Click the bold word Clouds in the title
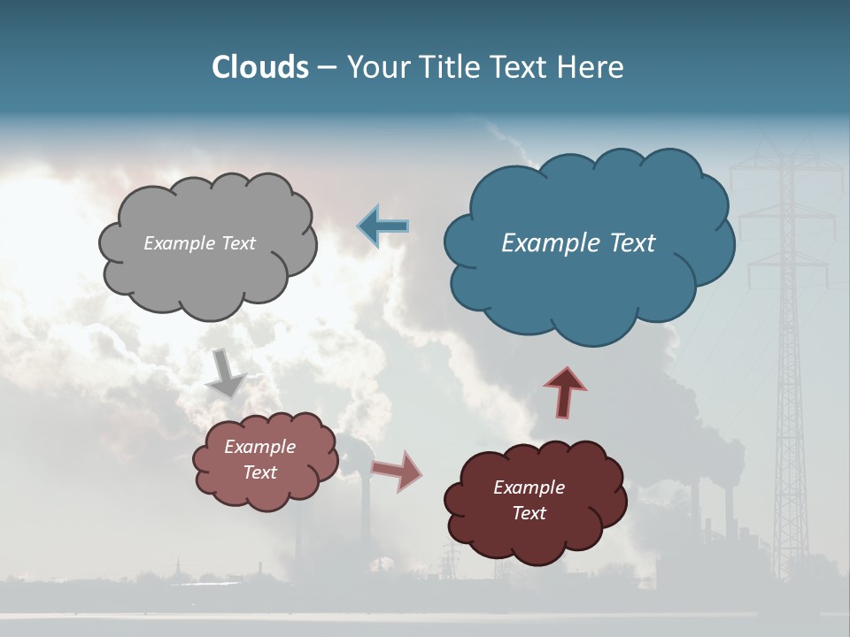(259, 67)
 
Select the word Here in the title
(591, 67)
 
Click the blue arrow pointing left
(384, 226)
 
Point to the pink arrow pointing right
(397, 471)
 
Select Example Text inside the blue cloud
(578, 243)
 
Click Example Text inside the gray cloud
(199, 243)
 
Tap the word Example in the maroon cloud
(529, 487)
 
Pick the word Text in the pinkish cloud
(260, 472)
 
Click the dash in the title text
(327, 68)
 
